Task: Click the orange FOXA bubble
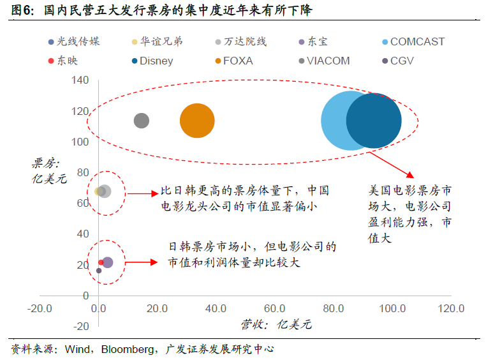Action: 197,121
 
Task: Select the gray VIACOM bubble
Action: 142,121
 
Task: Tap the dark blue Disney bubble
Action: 374,121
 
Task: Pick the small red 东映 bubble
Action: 101,262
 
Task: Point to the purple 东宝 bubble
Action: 108,262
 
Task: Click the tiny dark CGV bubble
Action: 99,271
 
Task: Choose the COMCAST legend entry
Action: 413,41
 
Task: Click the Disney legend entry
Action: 152,61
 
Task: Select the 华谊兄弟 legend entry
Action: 157,41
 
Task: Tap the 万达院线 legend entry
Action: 241,41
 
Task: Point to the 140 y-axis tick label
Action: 80,80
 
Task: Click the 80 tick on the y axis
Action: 83,172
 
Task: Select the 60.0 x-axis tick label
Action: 275,308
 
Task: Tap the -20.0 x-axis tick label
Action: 40,308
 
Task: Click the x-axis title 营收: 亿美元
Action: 276,324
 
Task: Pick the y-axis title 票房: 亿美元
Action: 49,171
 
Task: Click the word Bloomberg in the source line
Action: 128,349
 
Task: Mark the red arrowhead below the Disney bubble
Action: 410,175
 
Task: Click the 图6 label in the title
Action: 22,10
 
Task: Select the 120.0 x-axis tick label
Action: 451,308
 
